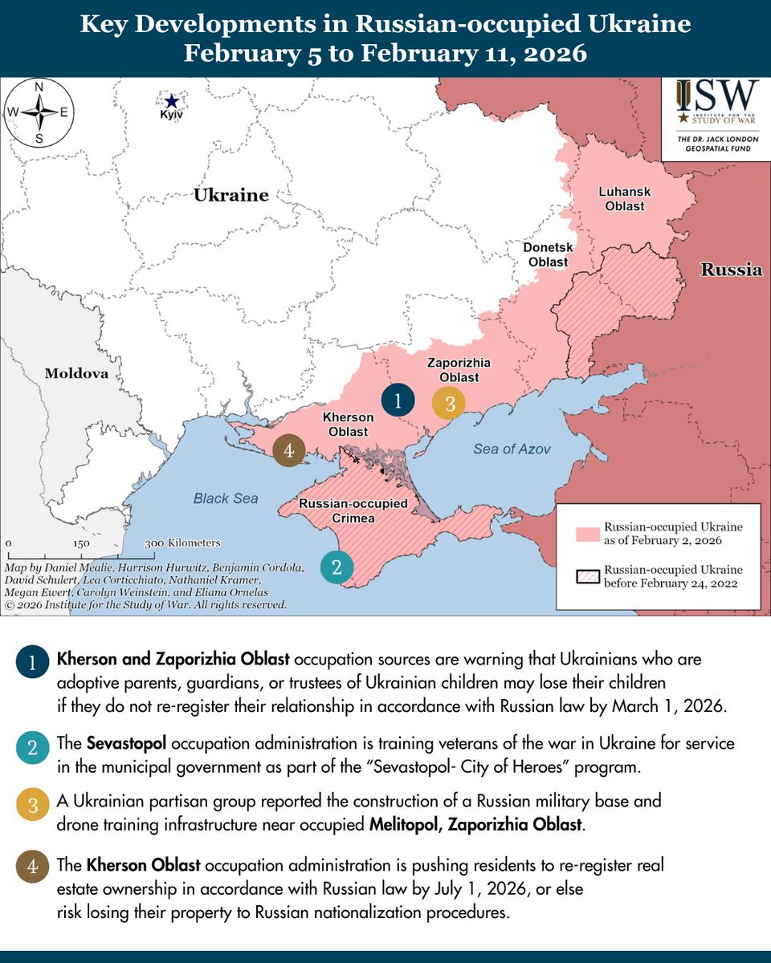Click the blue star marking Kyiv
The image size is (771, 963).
tap(170, 101)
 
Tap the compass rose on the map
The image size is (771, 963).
tap(39, 112)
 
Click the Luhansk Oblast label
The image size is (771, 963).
tap(624, 199)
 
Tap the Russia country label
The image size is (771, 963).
tap(731, 270)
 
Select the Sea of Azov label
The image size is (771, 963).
tap(512, 449)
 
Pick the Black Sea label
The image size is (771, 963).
tap(226, 498)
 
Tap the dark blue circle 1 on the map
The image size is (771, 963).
tap(398, 400)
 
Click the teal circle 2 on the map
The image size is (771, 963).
tap(337, 567)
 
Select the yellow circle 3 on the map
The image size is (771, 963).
tap(449, 404)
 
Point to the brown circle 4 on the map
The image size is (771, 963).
tap(289, 450)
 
